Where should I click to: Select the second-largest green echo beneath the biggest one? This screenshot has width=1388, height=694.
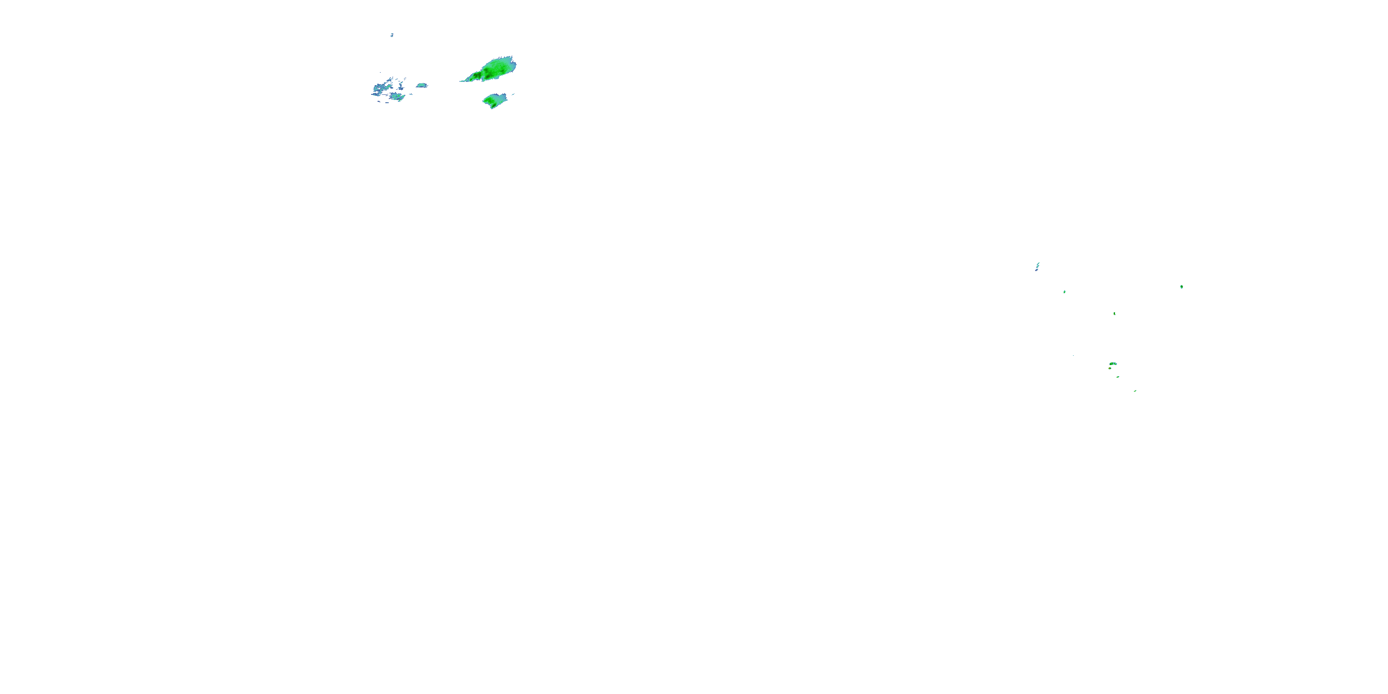[495, 100]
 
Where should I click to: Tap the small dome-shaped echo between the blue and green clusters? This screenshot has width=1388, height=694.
[421, 85]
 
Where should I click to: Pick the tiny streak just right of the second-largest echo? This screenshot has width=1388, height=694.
[513, 95]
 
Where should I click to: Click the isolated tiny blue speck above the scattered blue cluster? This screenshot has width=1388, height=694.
[392, 35]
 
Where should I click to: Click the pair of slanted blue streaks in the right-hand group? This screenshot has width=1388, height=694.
[1037, 266]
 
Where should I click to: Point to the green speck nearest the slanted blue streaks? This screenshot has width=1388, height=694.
[1064, 291]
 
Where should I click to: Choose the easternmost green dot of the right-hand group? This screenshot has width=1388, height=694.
[1181, 287]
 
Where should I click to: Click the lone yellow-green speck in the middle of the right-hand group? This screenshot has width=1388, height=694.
[1114, 313]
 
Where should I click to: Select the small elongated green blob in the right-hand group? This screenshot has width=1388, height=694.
[1113, 364]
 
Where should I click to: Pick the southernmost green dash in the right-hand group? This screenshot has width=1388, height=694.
[1135, 390]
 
